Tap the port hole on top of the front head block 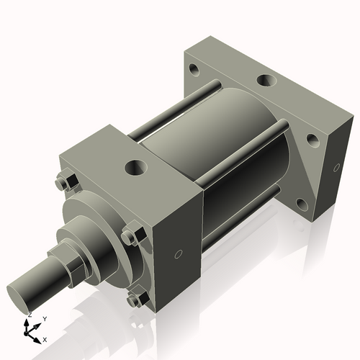(136, 168)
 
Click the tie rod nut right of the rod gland (130, 236)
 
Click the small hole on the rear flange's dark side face (336, 168)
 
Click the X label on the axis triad (45, 339)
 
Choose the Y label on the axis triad (44, 318)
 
